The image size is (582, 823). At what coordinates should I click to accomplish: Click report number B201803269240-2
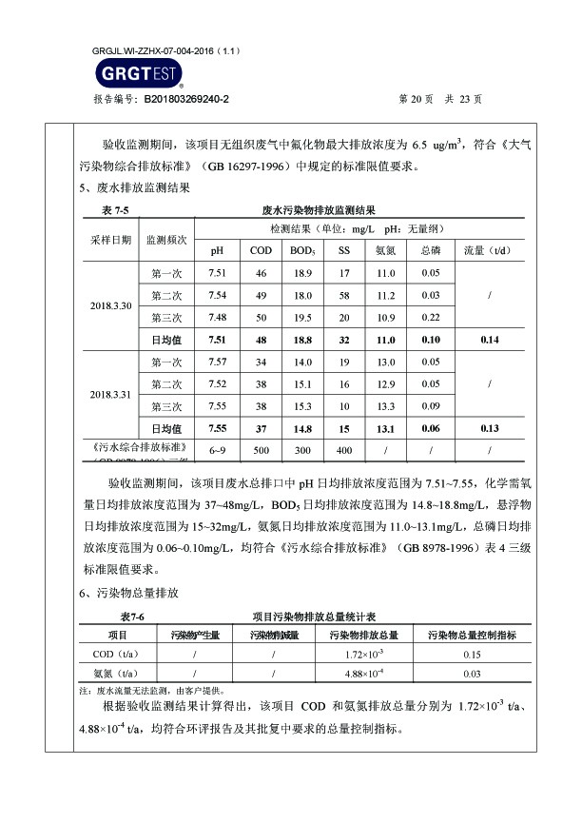point(186,99)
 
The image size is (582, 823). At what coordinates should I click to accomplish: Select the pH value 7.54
point(217,295)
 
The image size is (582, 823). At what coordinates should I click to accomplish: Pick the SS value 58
point(344,295)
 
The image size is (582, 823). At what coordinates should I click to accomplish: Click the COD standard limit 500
point(261,450)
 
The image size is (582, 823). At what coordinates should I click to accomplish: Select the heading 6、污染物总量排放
point(128,593)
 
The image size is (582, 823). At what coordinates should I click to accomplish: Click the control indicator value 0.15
point(472,655)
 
